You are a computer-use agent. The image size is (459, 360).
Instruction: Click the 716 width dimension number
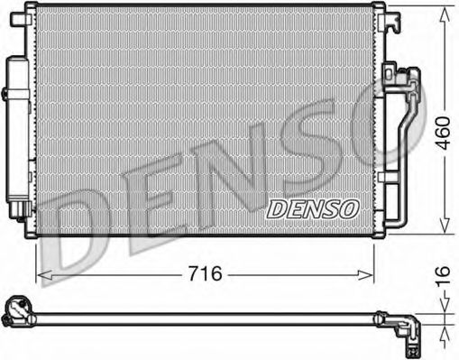pos(205,273)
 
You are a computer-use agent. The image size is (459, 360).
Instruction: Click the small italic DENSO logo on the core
pos(313,208)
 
